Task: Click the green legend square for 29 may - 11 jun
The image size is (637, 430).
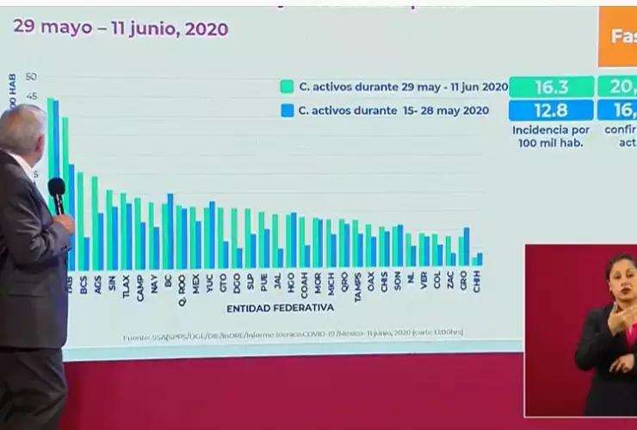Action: coord(287,87)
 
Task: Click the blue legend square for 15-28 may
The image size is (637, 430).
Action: coord(287,110)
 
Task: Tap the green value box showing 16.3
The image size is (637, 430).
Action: coord(551,87)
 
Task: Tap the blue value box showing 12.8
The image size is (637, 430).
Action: coord(551,110)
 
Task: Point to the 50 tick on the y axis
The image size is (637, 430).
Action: coord(32,78)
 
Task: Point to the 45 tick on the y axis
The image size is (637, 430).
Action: coord(32,97)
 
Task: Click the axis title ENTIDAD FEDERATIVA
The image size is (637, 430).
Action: coord(280,308)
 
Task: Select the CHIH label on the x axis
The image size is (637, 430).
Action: coord(477,283)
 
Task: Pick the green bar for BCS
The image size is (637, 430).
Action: coord(80,220)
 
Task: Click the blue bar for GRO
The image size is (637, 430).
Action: coord(467,248)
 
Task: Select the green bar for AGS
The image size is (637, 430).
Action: coord(94,222)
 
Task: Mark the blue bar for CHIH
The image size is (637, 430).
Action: coord(479,259)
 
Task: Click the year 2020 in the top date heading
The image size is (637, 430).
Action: coord(207,29)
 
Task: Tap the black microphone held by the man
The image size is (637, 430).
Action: coord(57,195)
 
